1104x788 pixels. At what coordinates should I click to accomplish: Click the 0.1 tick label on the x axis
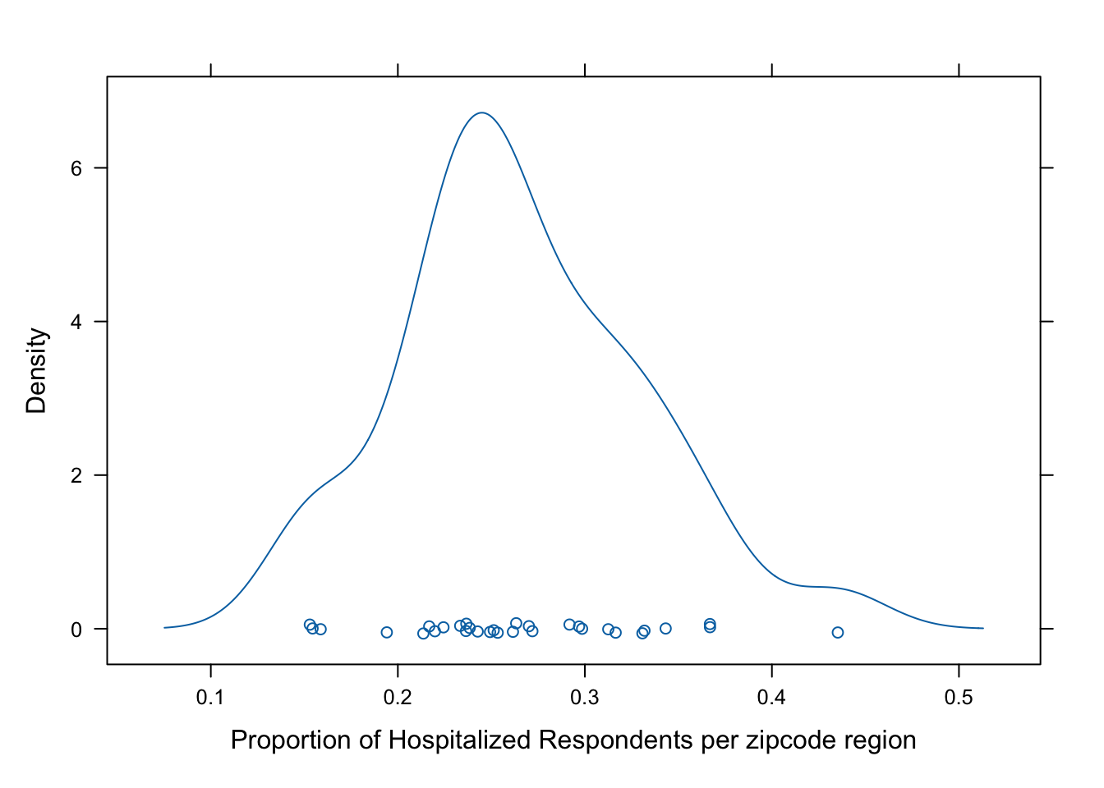[210, 698]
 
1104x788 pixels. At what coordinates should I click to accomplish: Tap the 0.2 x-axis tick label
[398, 698]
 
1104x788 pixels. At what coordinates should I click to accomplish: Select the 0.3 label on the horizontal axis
[585, 698]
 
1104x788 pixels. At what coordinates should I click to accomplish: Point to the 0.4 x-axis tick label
[771, 698]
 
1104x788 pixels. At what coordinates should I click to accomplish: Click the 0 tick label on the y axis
[76, 630]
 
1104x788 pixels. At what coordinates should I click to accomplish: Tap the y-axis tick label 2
[76, 475]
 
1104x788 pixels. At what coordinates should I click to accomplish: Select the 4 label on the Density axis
[76, 322]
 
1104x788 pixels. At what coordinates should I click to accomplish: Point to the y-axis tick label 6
[76, 168]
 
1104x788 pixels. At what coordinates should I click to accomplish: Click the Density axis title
[37, 370]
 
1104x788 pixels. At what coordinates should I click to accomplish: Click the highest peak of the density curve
[481, 113]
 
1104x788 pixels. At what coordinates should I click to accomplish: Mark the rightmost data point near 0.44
[838, 632]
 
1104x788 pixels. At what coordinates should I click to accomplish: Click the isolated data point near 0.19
[387, 632]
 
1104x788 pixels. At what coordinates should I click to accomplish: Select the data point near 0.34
[665, 629]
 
